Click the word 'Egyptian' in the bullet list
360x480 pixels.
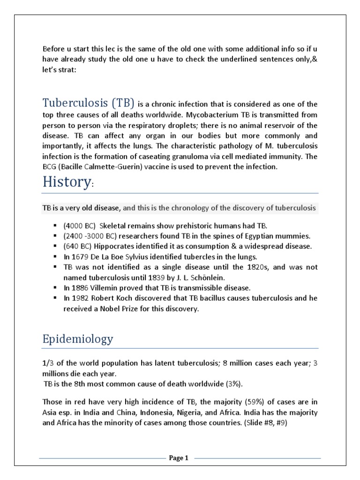coord(240,236)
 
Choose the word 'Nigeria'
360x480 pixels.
coord(191,413)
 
